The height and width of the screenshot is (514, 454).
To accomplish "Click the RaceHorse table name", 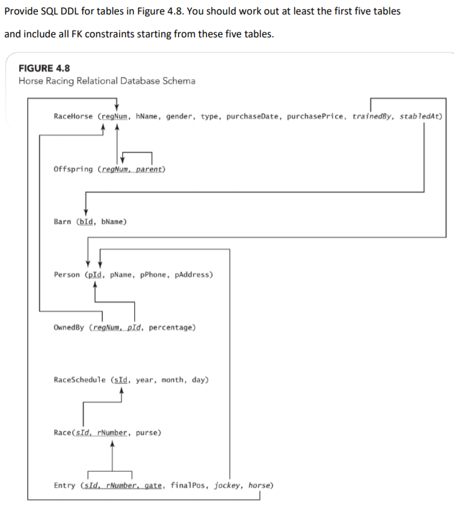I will coord(73,116).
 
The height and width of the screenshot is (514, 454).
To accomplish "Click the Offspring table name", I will coord(73,169).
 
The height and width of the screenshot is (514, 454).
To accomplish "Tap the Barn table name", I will coord(63,221).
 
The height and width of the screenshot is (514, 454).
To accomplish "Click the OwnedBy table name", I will coord(69,327).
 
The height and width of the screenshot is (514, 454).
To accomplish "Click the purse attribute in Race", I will coord(147,432).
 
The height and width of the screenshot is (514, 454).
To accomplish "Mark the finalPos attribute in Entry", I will coord(187,485).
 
